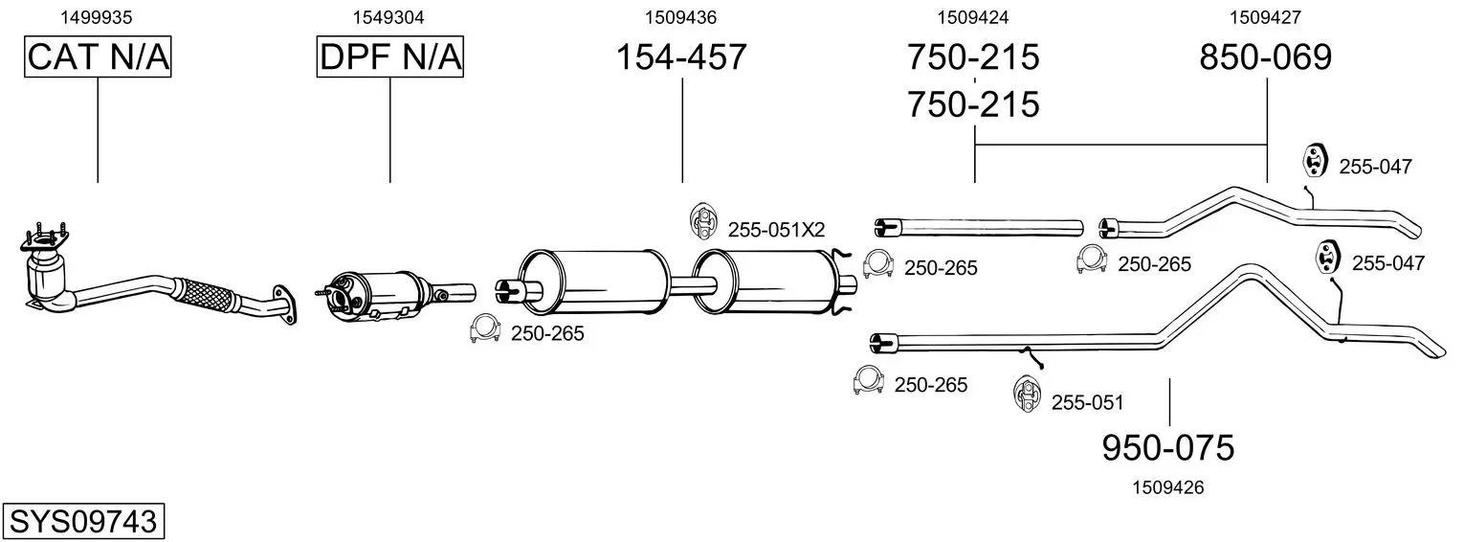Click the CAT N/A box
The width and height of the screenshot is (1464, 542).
tap(98, 56)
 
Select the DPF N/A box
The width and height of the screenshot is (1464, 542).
tap(390, 56)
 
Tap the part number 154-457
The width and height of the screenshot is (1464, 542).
tap(681, 56)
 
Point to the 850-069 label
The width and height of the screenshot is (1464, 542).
tap(1265, 56)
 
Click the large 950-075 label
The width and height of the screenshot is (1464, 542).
tap(1168, 448)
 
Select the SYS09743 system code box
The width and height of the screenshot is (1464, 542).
tap(83, 521)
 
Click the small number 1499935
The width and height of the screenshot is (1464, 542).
tap(97, 17)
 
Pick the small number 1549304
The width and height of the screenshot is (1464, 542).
tap(388, 17)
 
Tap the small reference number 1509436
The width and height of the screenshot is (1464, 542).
tap(681, 17)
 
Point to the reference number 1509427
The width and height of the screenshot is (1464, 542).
tap(1265, 17)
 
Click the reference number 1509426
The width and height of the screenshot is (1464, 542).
tap(1168, 487)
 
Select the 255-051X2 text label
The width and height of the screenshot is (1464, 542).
tap(776, 230)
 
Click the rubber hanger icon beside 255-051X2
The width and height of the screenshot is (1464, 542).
tap(703, 221)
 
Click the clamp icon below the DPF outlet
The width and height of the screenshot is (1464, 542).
tap(484, 328)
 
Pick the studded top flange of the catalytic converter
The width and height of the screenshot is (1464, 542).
tap(44, 238)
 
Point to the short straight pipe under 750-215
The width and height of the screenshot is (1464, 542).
tap(979, 228)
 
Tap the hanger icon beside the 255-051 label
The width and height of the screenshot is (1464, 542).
tap(1027, 394)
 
